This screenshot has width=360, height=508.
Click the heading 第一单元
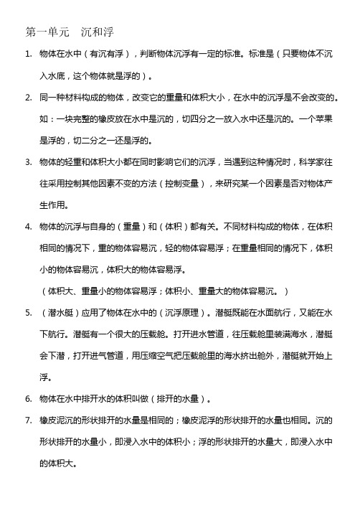48,32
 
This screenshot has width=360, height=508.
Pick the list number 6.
27,399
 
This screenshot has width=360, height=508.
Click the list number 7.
27,420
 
